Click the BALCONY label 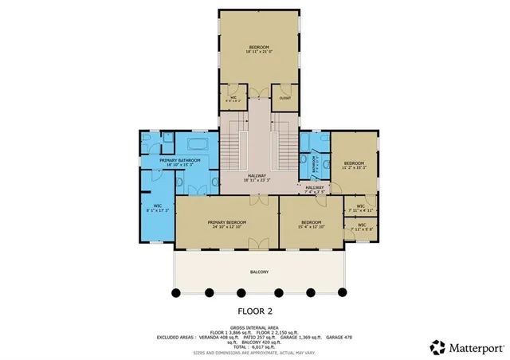[x=259, y=272]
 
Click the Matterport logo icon [x=437, y=347]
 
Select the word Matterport [x=474, y=347]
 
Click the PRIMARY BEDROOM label [x=227, y=223]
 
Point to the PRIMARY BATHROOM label [x=179, y=162]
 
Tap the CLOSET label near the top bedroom [x=284, y=97]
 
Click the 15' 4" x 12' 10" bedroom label [x=311, y=224]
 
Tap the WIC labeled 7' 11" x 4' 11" [x=361, y=208]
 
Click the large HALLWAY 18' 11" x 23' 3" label [x=256, y=178]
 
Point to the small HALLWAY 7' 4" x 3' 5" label [x=316, y=190]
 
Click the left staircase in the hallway [x=231, y=147]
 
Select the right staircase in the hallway [x=284, y=147]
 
